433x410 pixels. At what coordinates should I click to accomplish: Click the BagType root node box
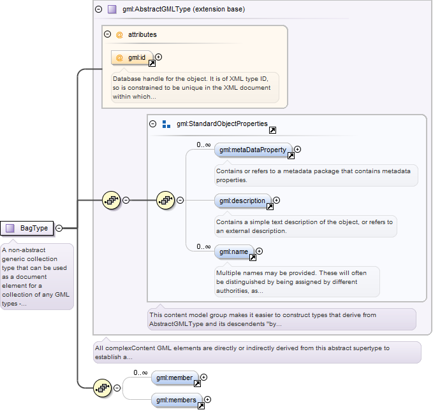pyautogui.click(x=27, y=229)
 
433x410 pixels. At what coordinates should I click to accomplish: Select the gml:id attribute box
pyautogui.click(x=132, y=58)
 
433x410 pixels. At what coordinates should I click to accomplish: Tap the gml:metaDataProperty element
pyautogui.click(x=253, y=150)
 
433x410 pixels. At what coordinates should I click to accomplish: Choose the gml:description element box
pyautogui.click(x=243, y=201)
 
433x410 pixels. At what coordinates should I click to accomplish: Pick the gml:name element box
pyautogui.click(x=234, y=252)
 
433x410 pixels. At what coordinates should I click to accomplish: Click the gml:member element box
pyautogui.click(x=175, y=378)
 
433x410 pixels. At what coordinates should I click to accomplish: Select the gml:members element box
pyautogui.click(x=177, y=400)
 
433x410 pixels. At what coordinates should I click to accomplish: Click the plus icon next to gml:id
pyautogui.click(x=159, y=57)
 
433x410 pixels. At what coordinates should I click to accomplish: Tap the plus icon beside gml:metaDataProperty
pyautogui.click(x=297, y=150)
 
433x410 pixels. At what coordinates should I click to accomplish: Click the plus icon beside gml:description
pyautogui.click(x=276, y=201)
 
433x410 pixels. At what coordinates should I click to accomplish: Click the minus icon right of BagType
pyautogui.click(x=59, y=229)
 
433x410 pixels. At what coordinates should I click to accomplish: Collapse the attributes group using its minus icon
pyautogui.click(x=107, y=34)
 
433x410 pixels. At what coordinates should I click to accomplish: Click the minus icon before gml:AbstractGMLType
pyautogui.click(x=99, y=10)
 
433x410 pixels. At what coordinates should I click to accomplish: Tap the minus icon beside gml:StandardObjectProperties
pyautogui.click(x=152, y=124)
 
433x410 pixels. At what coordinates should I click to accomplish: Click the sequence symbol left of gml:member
pyautogui.click(x=103, y=388)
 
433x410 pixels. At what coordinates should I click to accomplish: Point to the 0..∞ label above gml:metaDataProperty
pyautogui.click(x=203, y=145)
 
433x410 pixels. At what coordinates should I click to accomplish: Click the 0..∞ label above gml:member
pyautogui.click(x=140, y=373)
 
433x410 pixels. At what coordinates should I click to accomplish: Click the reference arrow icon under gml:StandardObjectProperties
pyautogui.click(x=272, y=130)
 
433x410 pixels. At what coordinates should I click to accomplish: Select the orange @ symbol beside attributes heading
pyautogui.click(x=119, y=35)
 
